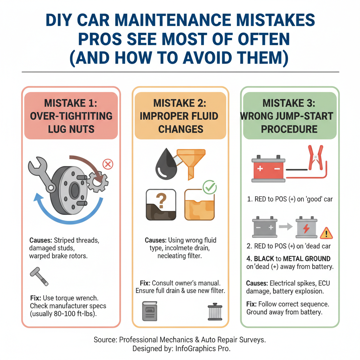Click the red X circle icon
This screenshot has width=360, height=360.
[108, 164]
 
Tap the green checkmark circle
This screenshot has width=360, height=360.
[210, 187]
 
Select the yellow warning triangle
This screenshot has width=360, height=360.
[327, 233]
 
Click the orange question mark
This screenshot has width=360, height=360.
[161, 201]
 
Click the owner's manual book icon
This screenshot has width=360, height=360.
[149, 311]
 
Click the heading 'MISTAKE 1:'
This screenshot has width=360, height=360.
[71, 103]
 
